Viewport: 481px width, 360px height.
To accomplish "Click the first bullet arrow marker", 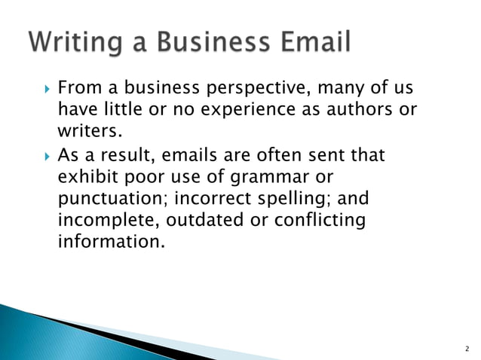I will coord(45,92).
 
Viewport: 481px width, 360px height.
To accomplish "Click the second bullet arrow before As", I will coord(45,158).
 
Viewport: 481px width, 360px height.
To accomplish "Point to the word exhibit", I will coord(84,178).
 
